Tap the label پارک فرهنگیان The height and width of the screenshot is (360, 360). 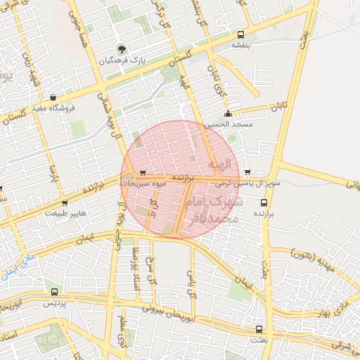coord(124,61)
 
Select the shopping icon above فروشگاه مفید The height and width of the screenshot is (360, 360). coord(53,98)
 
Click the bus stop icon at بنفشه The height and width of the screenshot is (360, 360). coord(241,34)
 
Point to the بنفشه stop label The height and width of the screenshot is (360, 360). coord(241,44)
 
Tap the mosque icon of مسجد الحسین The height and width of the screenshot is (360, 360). coord(227,114)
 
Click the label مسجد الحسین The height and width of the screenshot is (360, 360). coord(227,124)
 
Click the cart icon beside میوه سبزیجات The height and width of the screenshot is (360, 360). coord(143,172)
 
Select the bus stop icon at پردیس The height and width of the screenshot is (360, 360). coord(54,292)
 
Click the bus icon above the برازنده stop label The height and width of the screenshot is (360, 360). coord(264,202)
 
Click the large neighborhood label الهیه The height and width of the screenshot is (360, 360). coord(219,164)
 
